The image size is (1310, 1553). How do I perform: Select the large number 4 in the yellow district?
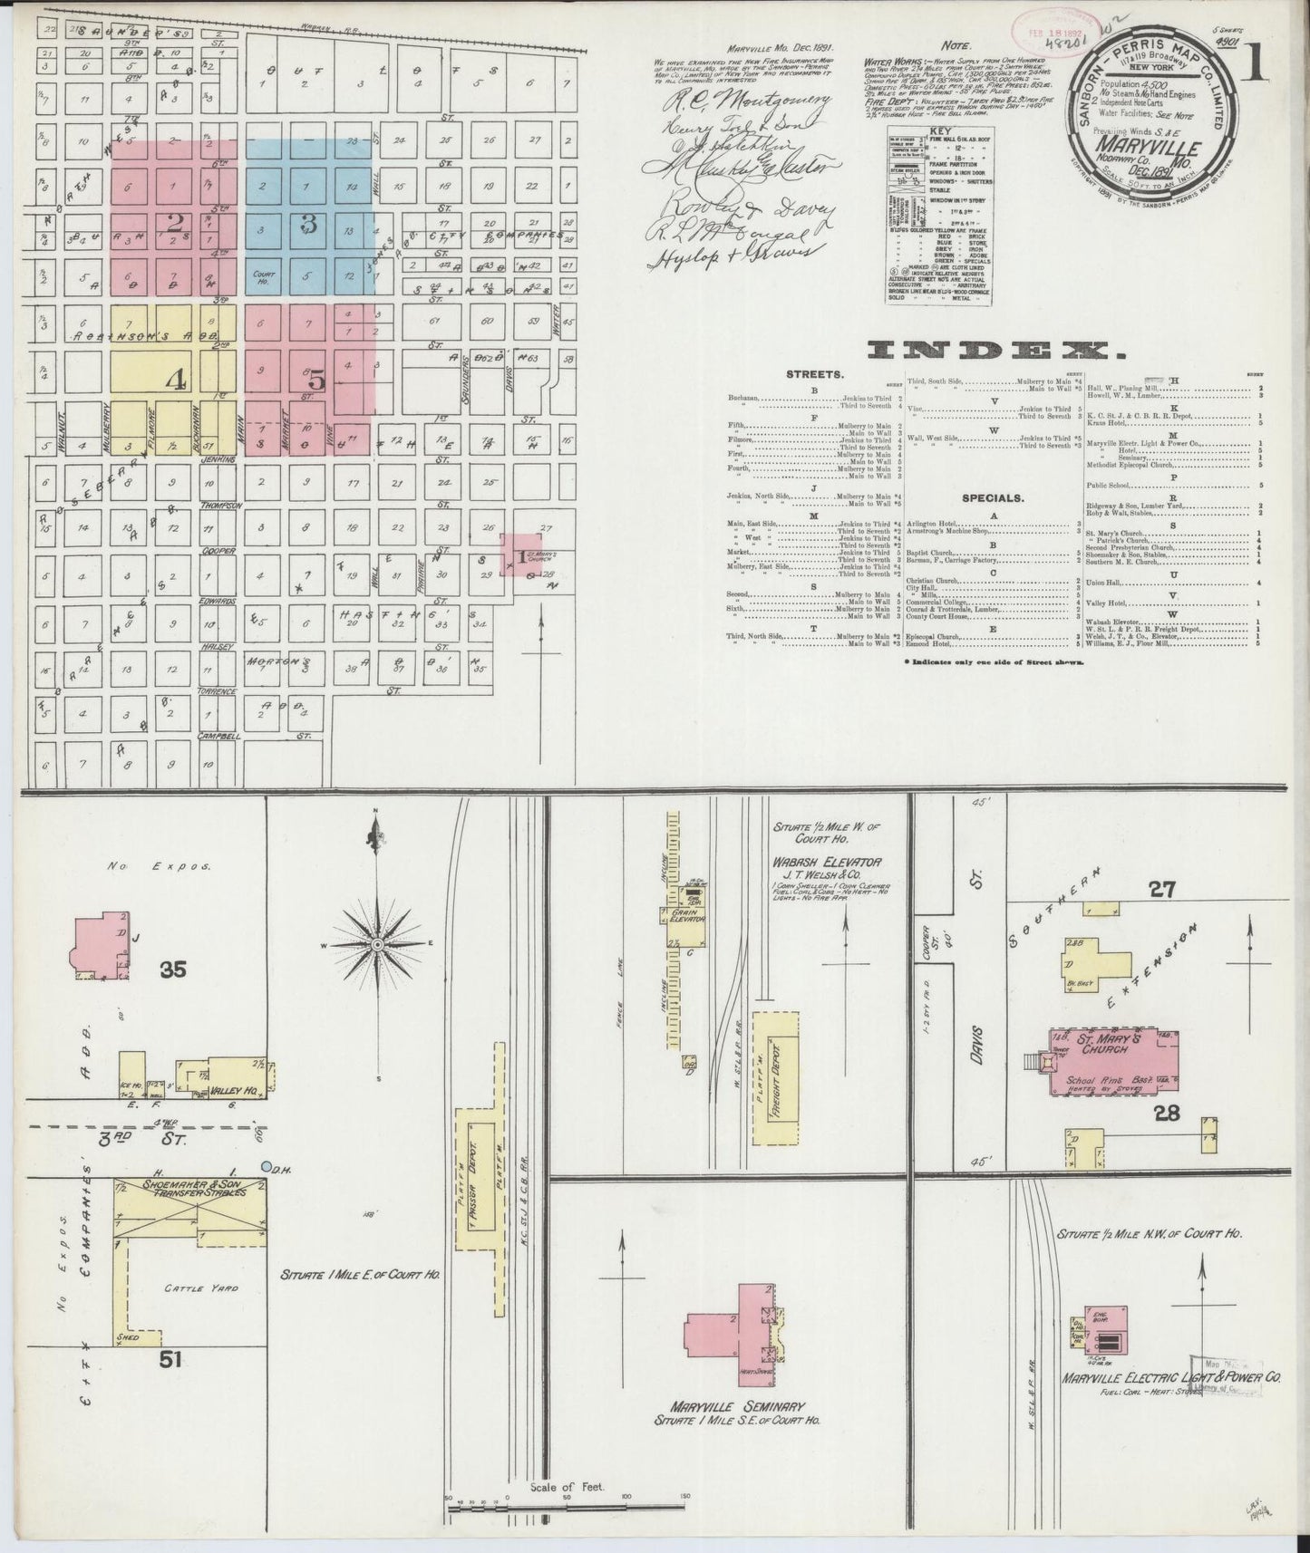point(174,380)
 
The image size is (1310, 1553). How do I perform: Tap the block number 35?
point(173,970)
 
